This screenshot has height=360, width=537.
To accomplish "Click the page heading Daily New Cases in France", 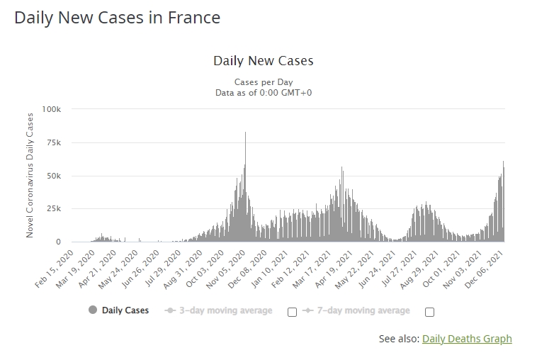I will click(118, 18).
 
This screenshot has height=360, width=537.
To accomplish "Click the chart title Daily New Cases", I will click(263, 61).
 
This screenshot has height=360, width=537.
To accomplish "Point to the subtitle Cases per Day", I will click(263, 82).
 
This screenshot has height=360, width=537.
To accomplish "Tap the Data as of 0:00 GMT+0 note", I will click(263, 93).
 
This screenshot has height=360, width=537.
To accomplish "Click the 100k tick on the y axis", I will click(52, 109).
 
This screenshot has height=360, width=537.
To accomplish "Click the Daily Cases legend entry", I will click(125, 310).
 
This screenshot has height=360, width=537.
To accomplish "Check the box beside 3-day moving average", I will click(292, 312).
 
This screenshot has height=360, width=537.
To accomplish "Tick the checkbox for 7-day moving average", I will click(429, 312).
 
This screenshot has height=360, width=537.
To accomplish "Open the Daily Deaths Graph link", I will click(467, 339).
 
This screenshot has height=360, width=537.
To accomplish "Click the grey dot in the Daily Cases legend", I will click(93, 310).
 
